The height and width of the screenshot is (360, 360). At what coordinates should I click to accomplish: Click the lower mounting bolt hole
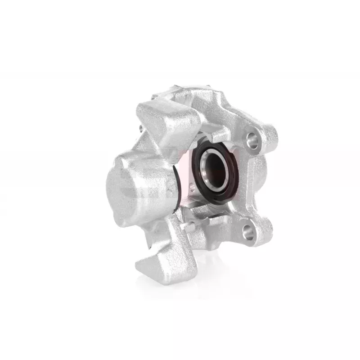[248, 231]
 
